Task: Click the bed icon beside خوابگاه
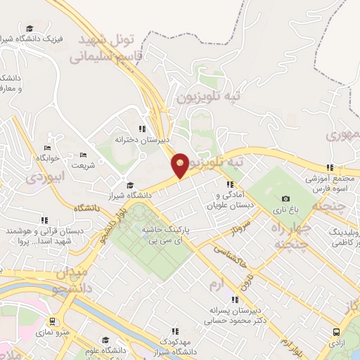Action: [x=47, y=148]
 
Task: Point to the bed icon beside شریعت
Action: [x=84, y=155]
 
